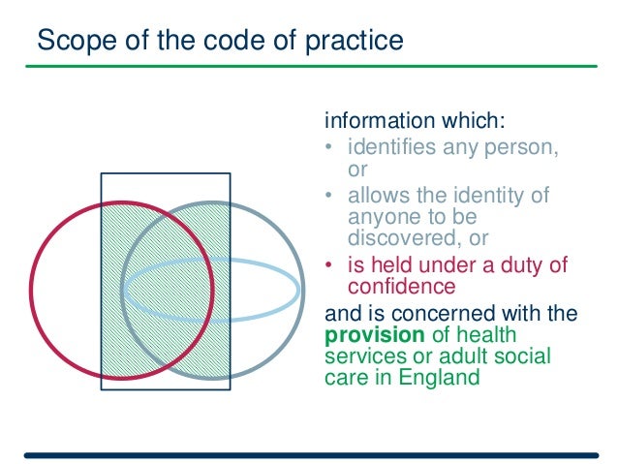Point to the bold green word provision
click(x=369, y=334)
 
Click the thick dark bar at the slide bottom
click(x=310, y=453)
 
